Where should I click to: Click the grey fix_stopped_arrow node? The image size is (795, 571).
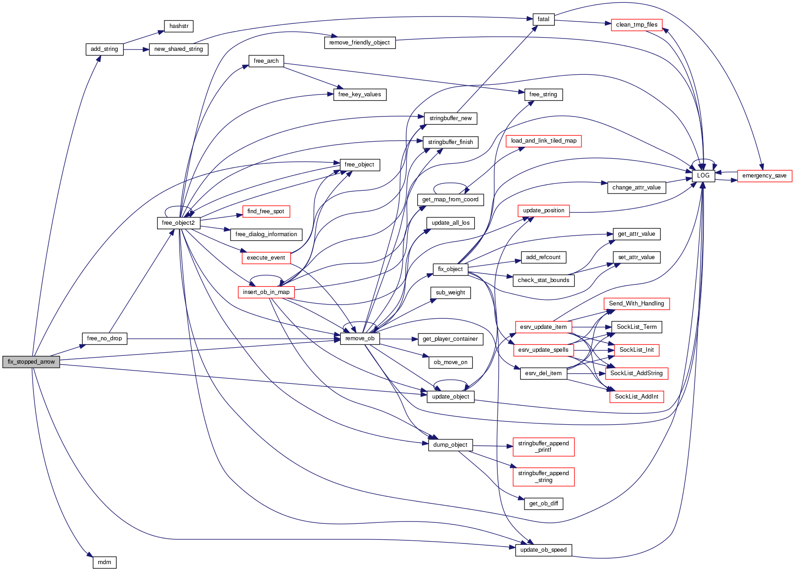(x=31, y=362)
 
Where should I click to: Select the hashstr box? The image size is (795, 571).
(x=179, y=26)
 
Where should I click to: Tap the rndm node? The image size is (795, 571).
(x=104, y=562)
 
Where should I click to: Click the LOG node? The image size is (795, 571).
(x=703, y=176)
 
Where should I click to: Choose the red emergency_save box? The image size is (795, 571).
(x=764, y=176)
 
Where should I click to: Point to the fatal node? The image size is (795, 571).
(x=543, y=19)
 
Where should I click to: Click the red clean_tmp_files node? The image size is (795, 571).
(x=637, y=25)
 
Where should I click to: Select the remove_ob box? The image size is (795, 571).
(x=360, y=338)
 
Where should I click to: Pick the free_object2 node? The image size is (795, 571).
(x=178, y=223)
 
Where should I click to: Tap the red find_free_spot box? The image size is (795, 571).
(x=266, y=211)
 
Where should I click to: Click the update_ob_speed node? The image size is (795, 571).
(x=543, y=550)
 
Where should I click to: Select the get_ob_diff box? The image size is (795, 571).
(x=543, y=504)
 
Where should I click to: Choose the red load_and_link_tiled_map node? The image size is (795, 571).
(x=543, y=141)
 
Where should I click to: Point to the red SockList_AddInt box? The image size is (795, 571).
(x=637, y=397)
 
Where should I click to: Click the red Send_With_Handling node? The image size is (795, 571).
(x=636, y=304)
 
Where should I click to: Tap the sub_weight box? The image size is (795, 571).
(x=450, y=293)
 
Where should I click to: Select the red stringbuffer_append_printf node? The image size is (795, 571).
(x=543, y=447)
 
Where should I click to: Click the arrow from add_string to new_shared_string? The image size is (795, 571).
(x=136, y=50)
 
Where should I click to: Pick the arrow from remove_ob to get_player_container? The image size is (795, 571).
(x=398, y=339)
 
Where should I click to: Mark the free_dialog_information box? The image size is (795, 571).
(x=266, y=234)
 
